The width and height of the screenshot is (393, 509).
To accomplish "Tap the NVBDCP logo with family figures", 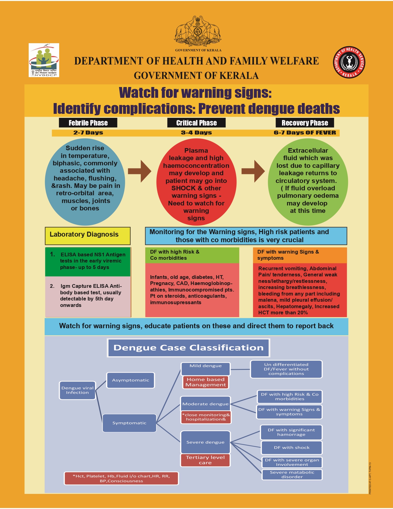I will click(x=44, y=60).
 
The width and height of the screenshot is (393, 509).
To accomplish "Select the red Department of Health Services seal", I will click(x=349, y=63).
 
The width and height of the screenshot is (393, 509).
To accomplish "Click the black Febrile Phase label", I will click(x=88, y=123).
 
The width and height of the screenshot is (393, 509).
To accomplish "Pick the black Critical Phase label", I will click(x=196, y=123).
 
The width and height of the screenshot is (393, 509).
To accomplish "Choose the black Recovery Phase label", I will click(x=305, y=123).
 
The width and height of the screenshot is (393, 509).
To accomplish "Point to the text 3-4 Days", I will click(x=196, y=133).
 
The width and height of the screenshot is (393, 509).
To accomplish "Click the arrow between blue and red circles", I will click(x=140, y=171).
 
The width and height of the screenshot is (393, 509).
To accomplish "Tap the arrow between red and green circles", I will click(x=253, y=171).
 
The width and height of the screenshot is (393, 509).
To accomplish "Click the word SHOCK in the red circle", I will click(x=183, y=188).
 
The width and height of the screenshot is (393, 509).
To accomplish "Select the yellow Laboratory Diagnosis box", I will click(x=88, y=236).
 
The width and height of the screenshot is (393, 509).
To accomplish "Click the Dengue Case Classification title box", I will click(x=188, y=348).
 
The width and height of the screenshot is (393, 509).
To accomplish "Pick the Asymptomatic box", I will click(x=130, y=380).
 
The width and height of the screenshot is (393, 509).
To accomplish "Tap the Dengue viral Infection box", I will click(x=77, y=390).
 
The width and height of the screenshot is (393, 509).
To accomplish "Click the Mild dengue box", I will click(x=206, y=368).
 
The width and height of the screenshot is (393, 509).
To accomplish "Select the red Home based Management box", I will click(x=206, y=382).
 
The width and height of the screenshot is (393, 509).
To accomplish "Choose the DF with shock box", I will click(x=292, y=447).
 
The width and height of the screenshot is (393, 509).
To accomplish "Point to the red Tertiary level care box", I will click(x=205, y=460).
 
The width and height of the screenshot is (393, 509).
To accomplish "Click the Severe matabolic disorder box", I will click(x=292, y=474).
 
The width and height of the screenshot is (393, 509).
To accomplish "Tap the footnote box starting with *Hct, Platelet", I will click(x=121, y=478).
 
